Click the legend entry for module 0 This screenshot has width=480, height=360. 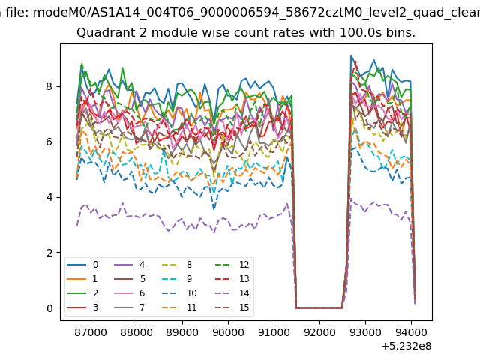click(x=82, y=265)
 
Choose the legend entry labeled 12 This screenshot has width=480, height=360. click(x=232, y=265)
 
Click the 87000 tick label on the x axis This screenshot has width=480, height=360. click(x=91, y=332)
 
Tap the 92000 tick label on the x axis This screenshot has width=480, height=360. click(x=319, y=332)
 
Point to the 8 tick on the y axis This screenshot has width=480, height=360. click(x=49, y=87)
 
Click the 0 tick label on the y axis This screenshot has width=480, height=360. click(x=49, y=308)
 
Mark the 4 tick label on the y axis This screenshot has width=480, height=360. click(x=49, y=197)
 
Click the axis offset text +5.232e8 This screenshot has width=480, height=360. click(x=406, y=346)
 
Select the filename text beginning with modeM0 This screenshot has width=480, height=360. click(x=256, y=13)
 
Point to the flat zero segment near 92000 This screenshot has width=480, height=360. click(x=319, y=307)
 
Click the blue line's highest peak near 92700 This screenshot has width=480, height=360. click(x=351, y=56)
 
